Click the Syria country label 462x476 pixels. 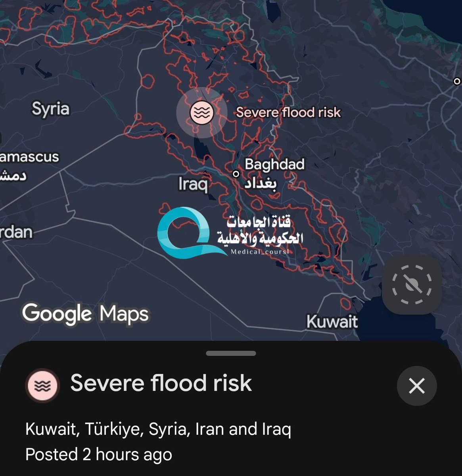[50, 109]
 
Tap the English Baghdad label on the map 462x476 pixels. [274, 164]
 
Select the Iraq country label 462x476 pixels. [193, 184]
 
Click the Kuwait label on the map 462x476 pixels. [332, 322]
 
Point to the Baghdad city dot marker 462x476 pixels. [236, 174]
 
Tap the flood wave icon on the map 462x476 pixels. [201, 112]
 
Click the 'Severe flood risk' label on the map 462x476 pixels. [288, 112]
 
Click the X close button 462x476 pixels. [416, 386]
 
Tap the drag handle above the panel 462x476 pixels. [231, 353]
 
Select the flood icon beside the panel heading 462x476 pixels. [42, 386]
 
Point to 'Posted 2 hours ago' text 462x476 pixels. [99, 455]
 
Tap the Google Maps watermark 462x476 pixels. [85, 314]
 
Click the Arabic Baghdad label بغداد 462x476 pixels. [260, 184]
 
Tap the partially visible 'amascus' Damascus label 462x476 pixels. [29, 157]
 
